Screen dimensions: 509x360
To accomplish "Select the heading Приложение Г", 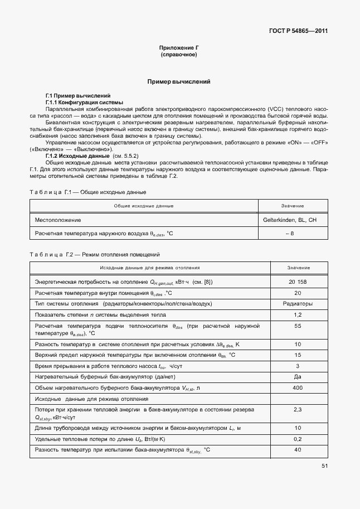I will click(178, 49).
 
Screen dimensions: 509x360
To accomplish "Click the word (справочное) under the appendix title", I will click(178, 55).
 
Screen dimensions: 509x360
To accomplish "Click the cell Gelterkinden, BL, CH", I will click(290, 220).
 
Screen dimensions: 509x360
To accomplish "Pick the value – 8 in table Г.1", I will click(290, 233).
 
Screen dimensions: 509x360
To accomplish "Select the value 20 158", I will click(298, 282).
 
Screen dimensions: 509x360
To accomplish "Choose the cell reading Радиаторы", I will click(298, 304).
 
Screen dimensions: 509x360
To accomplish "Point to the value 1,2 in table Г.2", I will click(298, 314).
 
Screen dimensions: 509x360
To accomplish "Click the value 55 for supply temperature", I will click(298, 326).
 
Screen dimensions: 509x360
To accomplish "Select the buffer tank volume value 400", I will click(298, 387).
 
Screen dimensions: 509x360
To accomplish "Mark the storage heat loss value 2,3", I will click(298, 410).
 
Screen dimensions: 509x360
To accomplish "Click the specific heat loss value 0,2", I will click(298, 439).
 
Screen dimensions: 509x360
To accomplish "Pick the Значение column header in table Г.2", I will click(298, 268).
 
